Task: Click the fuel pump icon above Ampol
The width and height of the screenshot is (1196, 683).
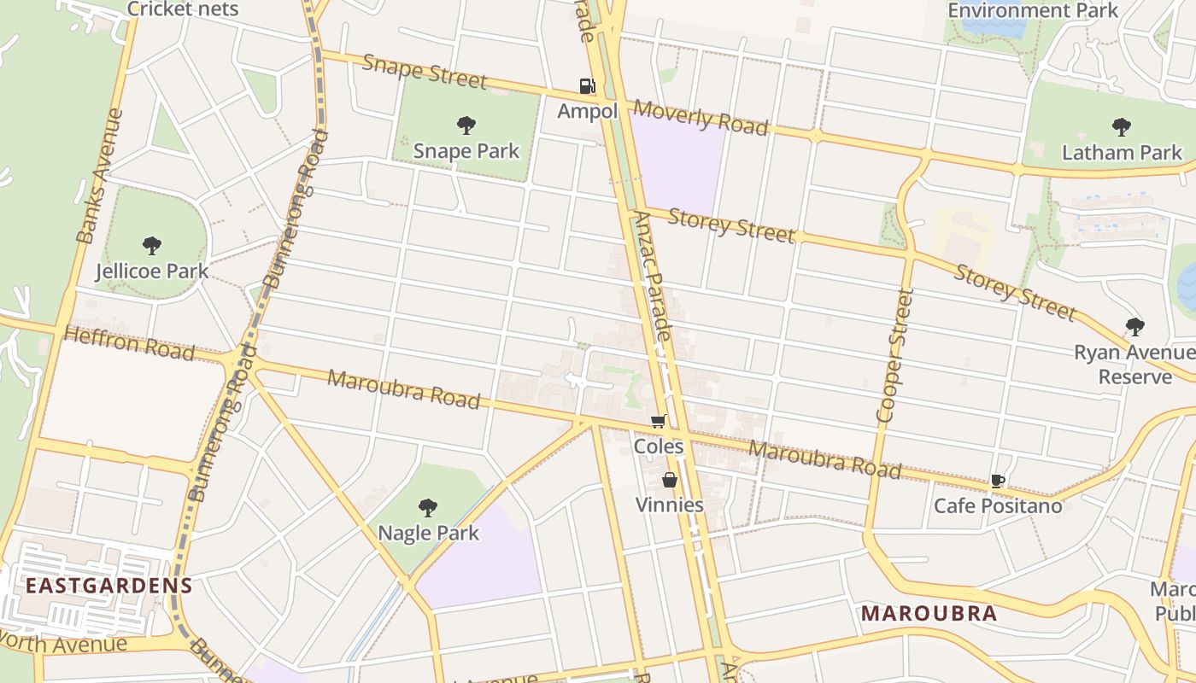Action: pyautogui.click(x=587, y=86)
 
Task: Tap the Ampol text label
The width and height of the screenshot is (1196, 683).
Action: pyautogui.click(x=587, y=112)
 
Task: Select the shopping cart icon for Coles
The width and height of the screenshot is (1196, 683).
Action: pyautogui.click(x=658, y=421)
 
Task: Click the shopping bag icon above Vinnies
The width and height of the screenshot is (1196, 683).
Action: pyautogui.click(x=670, y=480)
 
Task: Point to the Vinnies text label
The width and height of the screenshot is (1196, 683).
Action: pyautogui.click(x=670, y=505)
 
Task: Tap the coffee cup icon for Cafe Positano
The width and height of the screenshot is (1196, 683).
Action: pyautogui.click(x=997, y=482)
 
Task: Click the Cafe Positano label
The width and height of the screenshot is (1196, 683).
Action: pyautogui.click(x=998, y=505)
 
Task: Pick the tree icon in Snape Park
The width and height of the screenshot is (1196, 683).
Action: pyautogui.click(x=466, y=126)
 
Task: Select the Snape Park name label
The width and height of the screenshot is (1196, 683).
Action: pyautogui.click(x=466, y=151)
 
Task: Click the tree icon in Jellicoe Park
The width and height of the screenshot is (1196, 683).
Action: pyautogui.click(x=152, y=246)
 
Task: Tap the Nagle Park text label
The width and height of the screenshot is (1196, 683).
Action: pyautogui.click(x=428, y=533)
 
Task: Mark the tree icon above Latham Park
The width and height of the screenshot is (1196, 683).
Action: pyautogui.click(x=1122, y=127)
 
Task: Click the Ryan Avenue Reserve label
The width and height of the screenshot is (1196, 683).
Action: pyautogui.click(x=1134, y=365)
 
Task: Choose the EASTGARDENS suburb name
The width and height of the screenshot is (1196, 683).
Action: pyautogui.click(x=108, y=586)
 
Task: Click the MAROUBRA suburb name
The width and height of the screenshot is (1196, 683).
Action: pyautogui.click(x=929, y=613)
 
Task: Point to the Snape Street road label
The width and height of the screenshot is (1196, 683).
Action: pyautogui.click(x=425, y=72)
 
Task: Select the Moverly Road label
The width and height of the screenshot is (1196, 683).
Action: pyautogui.click(x=701, y=117)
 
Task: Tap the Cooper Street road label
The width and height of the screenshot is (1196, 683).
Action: pyautogui.click(x=895, y=355)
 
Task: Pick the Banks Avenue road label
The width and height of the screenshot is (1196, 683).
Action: pyautogui.click(x=100, y=176)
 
